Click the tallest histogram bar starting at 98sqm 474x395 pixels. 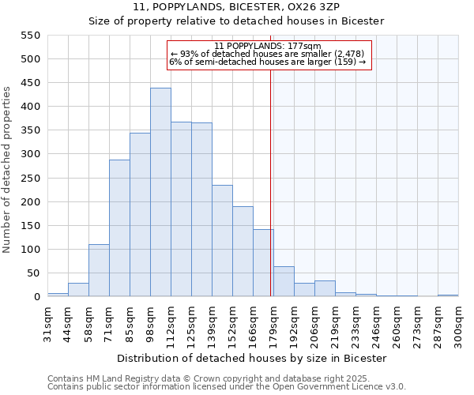click(160, 192)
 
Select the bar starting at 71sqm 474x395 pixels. click(119, 228)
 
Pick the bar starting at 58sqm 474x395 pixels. click(99, 270)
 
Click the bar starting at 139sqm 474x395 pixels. click(222, 241)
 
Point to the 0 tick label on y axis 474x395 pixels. click(36, 297)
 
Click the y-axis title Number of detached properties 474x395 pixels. click(8, 170)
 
